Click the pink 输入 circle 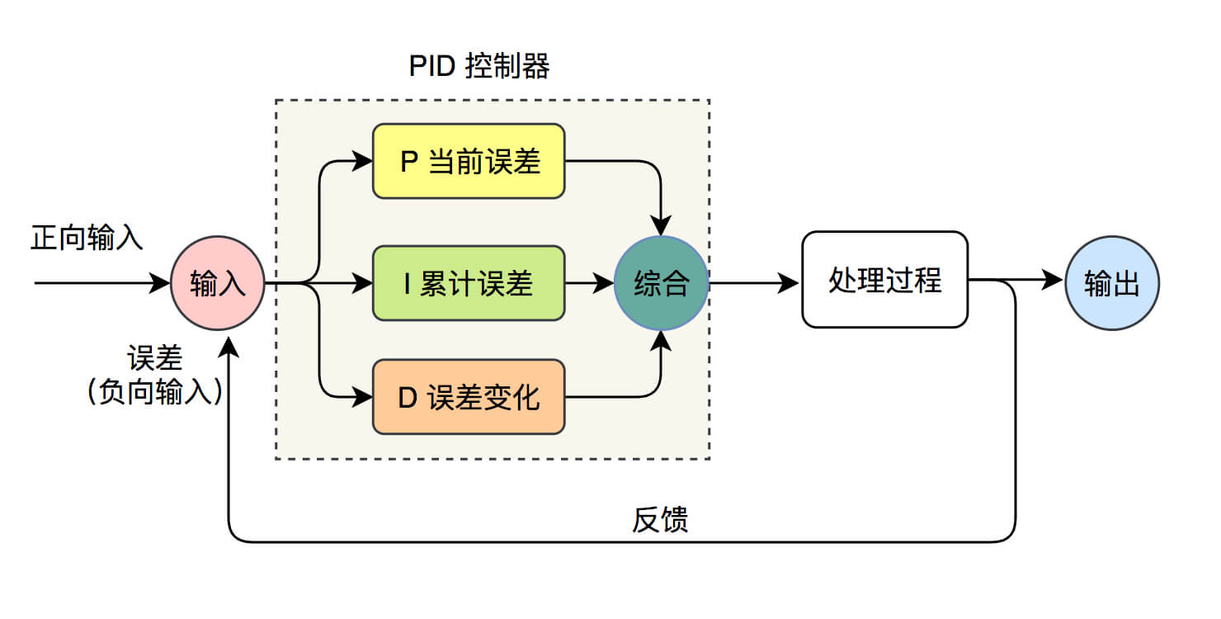coord(217,284)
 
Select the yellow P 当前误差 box coord(469,161)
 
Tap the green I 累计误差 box coord(469,283)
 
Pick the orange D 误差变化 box coord(469,397)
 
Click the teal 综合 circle coord(661,284)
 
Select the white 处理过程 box coord(884,280)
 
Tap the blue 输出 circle coord(1111,284)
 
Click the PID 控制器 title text coord(478,66)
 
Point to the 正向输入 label coord(87,238)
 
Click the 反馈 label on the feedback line coord(660,520)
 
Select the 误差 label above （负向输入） coord(154,359)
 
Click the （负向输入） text coord(154,390)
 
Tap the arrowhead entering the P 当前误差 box coord(364,161)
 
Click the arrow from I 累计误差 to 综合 coord(589,283)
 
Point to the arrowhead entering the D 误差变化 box coord(364,397)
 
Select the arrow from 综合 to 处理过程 coord(754,283)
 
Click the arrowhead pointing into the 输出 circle coord(1054,281)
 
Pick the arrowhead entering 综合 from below coord(661,341)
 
